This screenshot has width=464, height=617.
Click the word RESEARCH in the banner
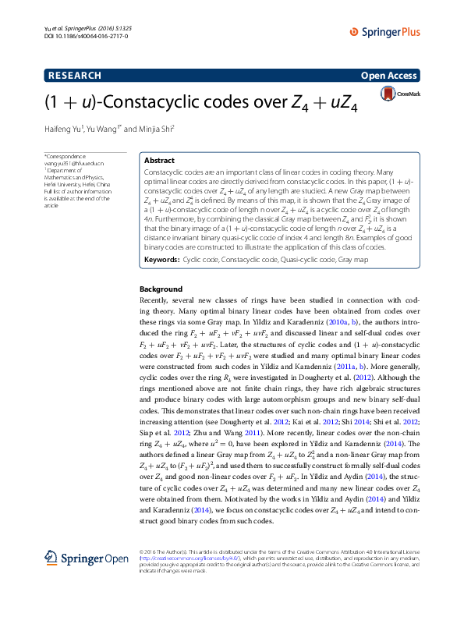[75, 76]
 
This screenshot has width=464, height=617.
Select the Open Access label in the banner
[390, 76]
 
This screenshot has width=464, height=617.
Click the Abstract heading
[160, 159]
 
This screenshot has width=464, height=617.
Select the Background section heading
[161, 267]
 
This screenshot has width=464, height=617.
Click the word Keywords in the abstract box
[162, 236]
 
